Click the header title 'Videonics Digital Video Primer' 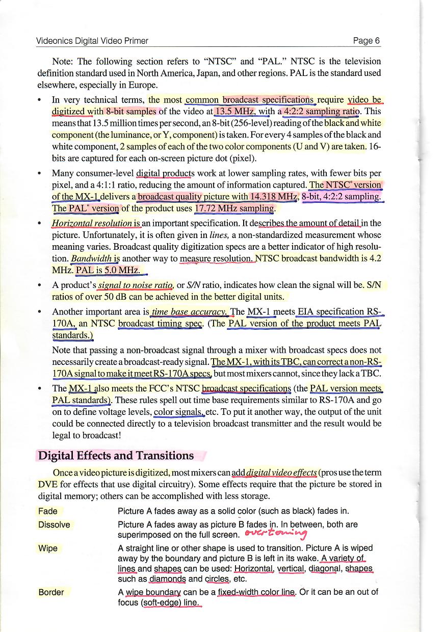(92, 41)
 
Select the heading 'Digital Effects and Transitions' (116, 456)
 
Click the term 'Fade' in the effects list (48, 511)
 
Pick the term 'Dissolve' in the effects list (55, 524)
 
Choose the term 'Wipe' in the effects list (47, 548)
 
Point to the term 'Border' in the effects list (51, 592)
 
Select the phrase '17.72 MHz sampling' (234, 209)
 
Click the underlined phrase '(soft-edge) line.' (171, 603)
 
